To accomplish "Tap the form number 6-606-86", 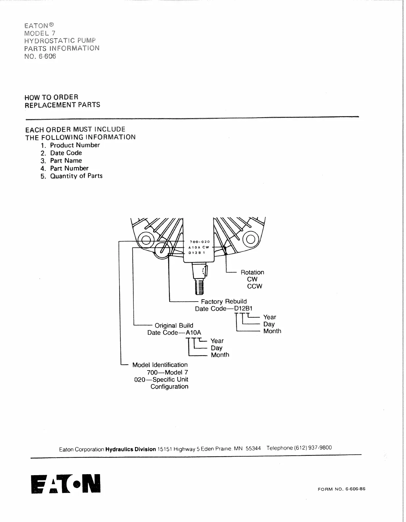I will [355, 489].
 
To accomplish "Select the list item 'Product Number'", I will [75, 145].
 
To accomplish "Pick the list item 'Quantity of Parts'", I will [76, 176].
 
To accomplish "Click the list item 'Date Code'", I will [66, 153].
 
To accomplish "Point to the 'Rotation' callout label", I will [252, 272].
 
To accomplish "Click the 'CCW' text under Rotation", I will [255, 286].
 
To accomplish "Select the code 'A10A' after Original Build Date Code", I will [193, 333].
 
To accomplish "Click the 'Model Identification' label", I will [160, 365].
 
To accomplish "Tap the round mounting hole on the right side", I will [250, 239].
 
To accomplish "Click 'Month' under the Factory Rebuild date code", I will [272, 331].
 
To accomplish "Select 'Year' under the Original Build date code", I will [217, 341].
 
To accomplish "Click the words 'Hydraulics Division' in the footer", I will [130, 449].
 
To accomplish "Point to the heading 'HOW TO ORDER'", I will [51, 97].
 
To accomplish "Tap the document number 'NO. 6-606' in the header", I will [40, 56].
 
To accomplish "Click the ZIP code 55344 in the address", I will [253, 448].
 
